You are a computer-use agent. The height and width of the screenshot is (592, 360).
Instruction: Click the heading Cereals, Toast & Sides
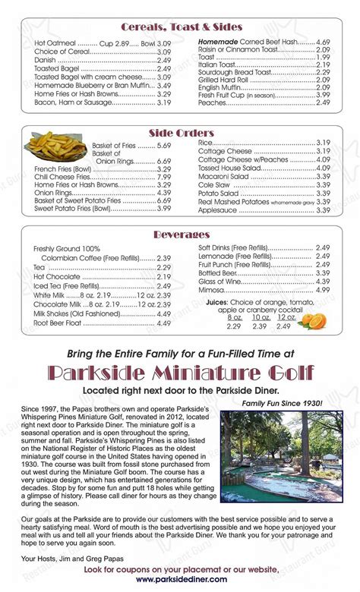(180, 28)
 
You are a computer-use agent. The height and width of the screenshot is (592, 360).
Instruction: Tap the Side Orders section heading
(180, 133)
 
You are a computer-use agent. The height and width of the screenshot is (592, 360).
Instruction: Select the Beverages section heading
(180, 235)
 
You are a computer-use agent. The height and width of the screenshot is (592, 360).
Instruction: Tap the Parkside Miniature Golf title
(180, 373)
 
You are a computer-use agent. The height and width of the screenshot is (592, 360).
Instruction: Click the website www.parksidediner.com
(180, 580)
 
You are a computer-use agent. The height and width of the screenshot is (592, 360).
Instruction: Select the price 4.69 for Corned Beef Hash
(323, 42)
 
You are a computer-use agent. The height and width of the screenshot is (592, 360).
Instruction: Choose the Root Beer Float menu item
(58, 322)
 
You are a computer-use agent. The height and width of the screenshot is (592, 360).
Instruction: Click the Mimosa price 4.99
(323, 290)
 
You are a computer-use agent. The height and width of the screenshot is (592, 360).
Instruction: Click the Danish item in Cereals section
(46, 59)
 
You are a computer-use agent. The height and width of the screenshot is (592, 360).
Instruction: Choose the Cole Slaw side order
(214, 184)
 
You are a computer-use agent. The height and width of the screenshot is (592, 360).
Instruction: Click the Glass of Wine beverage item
(221, 281)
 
